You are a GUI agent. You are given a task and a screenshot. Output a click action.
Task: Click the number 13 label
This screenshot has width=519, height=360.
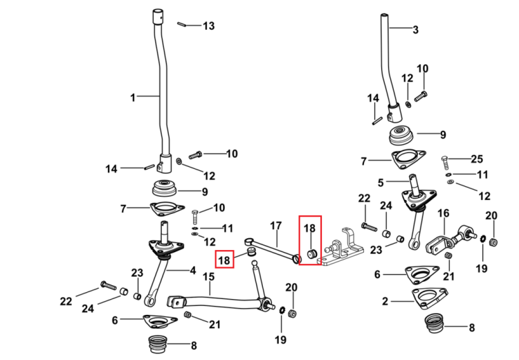tap(208, 26)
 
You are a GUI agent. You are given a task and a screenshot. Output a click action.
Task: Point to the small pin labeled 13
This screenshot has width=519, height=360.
tap(181, 24)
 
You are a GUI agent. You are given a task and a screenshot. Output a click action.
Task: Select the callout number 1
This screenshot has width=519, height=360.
tap(133, 98)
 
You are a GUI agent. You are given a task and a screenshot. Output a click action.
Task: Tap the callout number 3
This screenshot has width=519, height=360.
tap(415, 30)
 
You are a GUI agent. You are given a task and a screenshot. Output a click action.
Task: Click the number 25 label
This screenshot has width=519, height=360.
tap(477, 159)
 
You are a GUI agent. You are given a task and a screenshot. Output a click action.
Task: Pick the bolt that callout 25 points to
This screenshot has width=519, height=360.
tap(445, 163)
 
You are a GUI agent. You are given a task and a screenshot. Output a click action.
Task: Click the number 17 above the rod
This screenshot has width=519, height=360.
tap(275, 226)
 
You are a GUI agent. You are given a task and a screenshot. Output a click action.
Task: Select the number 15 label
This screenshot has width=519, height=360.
tap(209, 276)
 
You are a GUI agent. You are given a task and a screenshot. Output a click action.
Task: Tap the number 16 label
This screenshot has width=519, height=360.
tap(444, 213)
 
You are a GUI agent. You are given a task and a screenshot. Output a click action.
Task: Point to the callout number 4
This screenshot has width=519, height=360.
tap(192, 271)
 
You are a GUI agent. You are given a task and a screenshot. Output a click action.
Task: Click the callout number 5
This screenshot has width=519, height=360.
tap(381, 183)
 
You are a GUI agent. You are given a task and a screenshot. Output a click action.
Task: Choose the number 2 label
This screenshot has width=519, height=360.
tap(385, 301)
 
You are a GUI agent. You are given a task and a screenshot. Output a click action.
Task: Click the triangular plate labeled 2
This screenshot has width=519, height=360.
tap(430, 298)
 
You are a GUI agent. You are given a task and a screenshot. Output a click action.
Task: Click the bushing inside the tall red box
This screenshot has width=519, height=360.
tap(312, 254)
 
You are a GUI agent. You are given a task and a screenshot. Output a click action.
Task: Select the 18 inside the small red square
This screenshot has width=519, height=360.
tap(224, 260)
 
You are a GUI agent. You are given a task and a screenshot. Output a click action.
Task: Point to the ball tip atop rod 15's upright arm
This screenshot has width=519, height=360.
tap(254, 264)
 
